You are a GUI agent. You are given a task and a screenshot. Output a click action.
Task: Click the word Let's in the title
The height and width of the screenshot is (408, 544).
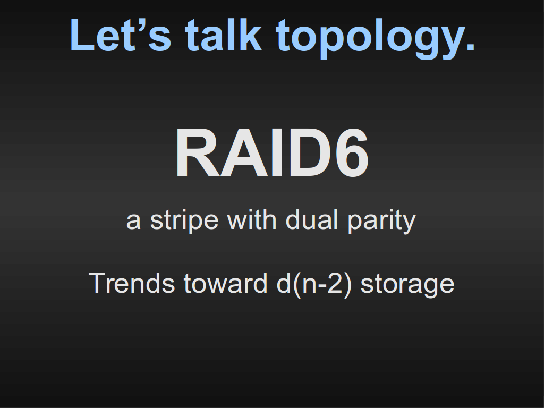pos(121,35)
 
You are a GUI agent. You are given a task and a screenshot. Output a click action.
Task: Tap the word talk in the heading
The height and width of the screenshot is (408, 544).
pos(224,35)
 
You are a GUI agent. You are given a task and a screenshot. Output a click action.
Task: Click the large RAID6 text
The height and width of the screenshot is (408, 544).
pos(273,152)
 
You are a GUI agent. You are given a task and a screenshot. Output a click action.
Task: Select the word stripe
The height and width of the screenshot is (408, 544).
pos(184,220)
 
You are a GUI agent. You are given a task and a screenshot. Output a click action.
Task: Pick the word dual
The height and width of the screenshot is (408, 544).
pos(311,219)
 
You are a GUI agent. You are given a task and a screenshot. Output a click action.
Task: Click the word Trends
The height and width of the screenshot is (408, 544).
pos(132,283)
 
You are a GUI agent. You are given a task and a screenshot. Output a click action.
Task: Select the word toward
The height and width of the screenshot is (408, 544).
pos(225,283)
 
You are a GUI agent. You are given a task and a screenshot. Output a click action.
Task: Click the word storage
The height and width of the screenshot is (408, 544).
pos(407,285)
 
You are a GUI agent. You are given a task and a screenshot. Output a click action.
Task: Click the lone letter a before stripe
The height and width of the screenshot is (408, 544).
pos(133,222)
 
